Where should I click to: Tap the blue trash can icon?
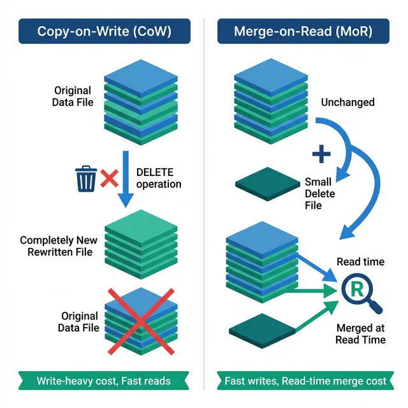pyautogui.click(x=86, y=178)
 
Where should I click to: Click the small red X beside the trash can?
pyautogui.click(x=110, y=178)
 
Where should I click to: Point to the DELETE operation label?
pyautogui.click(x=159, y=178)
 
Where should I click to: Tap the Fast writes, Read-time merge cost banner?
pyautogui.click(x=305, y=381)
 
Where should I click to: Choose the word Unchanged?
pyautogui.click(x=347, y=102)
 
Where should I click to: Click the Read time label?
pyautogui.click(x=360, y=262)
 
